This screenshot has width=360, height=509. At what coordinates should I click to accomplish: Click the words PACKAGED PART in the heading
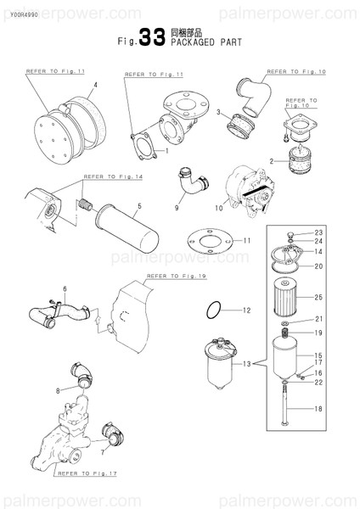click(x=206, y=42)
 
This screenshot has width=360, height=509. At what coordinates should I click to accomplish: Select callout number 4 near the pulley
click(x=95, y=85)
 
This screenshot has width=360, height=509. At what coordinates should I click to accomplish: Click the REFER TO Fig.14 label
click(x=112, y=177)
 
